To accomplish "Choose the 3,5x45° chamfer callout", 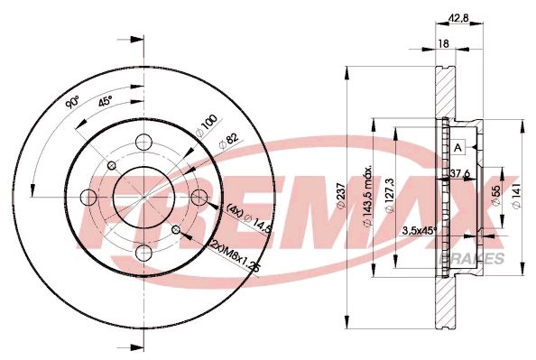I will [418, 231].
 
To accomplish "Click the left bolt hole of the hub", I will [89, 198].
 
